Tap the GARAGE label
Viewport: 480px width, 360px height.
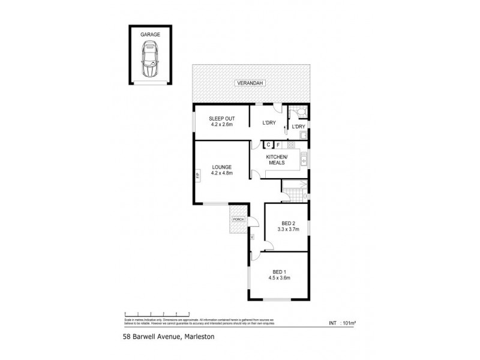pos(150,35)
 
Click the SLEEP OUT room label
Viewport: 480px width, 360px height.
pos(221,119)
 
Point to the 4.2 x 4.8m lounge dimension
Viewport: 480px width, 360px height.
pos(221,173)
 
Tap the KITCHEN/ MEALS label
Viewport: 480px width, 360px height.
pos(277,161)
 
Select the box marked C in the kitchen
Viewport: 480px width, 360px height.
pos(269,145)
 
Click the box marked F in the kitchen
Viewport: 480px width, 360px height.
pos(279,145)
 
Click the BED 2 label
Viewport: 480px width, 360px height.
pos(287,223)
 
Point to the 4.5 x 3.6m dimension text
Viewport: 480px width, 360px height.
pos(279,278)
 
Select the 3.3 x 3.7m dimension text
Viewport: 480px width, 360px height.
pos(287,229)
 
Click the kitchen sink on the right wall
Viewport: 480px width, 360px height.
pos(305,158)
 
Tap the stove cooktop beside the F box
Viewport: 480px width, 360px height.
pos(292,145)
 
